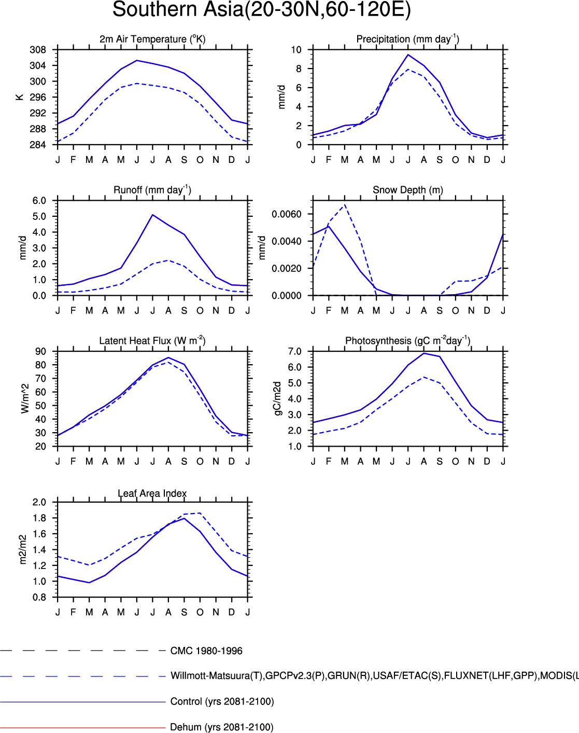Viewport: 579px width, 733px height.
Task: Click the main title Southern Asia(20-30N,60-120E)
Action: (261, 10)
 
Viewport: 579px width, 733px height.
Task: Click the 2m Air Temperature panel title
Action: (152, 39)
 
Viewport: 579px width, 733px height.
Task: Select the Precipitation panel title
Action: (407, 39)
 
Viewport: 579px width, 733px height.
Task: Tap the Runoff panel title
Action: (152, 190)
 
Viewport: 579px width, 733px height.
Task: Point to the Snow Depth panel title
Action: (407, 190)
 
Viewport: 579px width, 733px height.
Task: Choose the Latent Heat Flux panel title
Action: (152, 341)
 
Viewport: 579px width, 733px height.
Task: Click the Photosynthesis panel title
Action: (407, 341)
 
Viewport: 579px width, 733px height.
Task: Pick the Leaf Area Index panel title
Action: (152, 493)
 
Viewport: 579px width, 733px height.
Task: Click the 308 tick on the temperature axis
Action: (38, 50)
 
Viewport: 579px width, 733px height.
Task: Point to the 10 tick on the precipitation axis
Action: (296, 50)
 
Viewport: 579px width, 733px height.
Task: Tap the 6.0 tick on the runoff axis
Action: (39, 201)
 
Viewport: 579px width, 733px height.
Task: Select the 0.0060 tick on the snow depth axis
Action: (287, 214)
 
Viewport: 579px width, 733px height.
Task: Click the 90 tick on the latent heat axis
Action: (40, 352)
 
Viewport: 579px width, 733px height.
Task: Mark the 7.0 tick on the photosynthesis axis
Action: (294, 352)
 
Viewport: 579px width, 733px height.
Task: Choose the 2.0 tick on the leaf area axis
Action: (39, 502)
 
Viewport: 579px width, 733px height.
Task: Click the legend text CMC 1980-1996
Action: (206, 651)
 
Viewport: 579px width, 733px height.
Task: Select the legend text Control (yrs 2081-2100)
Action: (222, 701)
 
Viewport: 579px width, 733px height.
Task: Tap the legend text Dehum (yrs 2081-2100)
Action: (222, 727)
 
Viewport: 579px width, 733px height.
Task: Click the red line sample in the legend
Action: (83, 727)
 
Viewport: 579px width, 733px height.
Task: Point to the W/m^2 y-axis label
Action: (25, 398)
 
